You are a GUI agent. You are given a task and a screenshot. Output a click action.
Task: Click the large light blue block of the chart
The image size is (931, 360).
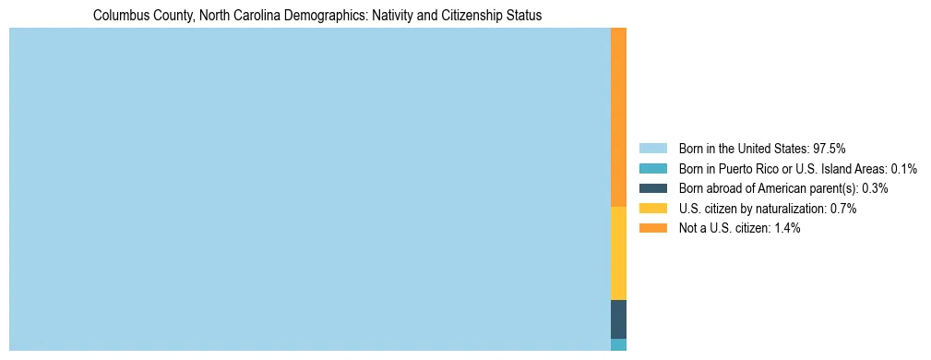pos(309,189)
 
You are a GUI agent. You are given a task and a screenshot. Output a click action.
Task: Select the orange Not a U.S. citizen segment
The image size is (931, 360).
pos(618,117)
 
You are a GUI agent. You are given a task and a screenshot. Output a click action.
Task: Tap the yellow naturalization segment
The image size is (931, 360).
pos(618,253)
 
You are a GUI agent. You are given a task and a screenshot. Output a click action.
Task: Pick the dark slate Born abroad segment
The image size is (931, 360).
pos(618,318)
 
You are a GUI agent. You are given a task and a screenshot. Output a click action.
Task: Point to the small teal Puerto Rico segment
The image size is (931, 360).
pos(618,344)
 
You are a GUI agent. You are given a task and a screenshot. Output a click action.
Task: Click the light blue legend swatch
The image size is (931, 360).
pos(652,148)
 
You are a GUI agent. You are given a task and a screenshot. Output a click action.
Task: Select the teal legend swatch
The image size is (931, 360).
pos(652,168)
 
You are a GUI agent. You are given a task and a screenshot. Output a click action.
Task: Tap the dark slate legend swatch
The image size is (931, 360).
pos(652,188)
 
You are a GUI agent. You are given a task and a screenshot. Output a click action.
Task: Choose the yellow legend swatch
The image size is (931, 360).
pos(652,209)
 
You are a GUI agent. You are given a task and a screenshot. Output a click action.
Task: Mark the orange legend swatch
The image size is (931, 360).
pos(652,229)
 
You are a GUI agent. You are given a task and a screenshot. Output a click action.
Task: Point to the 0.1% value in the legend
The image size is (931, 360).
pos(903,168)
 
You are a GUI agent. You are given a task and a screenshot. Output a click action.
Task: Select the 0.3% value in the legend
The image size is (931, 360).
pos(875,188)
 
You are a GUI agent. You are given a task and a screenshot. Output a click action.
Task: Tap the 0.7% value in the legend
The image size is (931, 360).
pos(843,209)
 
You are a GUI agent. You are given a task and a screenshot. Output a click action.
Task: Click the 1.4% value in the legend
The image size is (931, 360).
pos(787,229)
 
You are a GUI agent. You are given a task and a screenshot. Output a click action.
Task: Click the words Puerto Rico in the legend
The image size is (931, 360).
pos(744,168)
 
